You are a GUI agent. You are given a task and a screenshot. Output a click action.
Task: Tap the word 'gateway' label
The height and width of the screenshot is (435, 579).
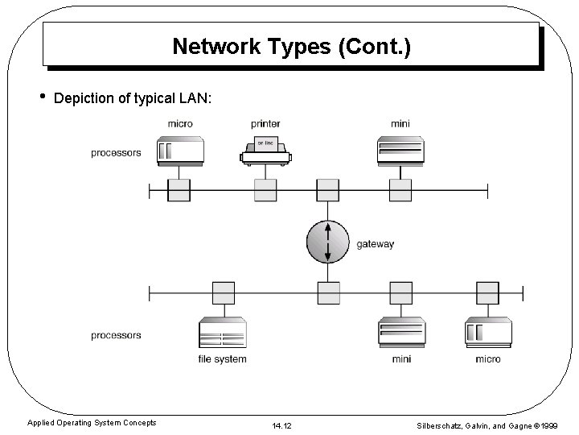[375, 244]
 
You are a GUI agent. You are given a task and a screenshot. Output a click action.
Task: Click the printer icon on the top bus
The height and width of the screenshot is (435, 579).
[265, 150]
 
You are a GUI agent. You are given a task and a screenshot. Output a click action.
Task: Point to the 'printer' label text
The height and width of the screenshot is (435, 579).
[265, 124]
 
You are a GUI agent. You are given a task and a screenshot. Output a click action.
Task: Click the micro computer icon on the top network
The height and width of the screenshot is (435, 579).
[180, 150]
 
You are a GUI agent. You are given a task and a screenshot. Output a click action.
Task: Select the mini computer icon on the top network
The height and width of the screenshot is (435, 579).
[400, 150]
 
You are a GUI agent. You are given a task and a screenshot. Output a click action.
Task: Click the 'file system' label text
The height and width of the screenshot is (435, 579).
[223, 358]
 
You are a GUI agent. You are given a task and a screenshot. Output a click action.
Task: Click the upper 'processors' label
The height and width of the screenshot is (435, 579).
[116, 153]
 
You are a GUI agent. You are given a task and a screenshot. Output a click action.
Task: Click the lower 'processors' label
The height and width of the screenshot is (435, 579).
[116, 335]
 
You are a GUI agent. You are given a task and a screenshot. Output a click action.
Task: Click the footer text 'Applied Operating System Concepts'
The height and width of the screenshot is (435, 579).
[92, 423]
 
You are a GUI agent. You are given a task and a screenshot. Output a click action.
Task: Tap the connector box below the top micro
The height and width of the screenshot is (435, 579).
[179, 190]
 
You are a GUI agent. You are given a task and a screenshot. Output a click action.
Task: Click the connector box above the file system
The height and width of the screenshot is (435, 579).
[223, 292]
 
